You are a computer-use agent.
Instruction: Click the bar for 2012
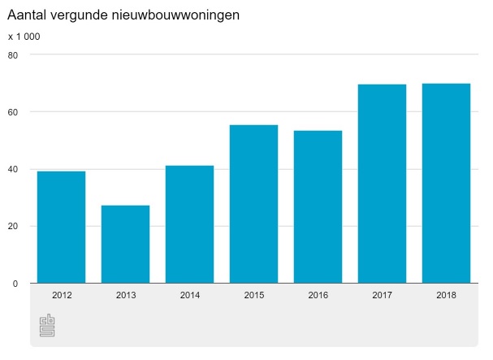[61, 227]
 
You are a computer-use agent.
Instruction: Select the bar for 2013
[125, 244]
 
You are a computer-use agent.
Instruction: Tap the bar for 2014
[189, 224]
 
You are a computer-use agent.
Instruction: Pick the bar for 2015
[253, 204]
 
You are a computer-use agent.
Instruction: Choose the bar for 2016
[318, 206]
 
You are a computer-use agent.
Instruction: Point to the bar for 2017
[382, 184]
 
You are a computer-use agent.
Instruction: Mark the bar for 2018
[446, 183]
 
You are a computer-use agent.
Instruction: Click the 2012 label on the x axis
[61, 296]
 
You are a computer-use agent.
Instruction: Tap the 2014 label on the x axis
[189, 296]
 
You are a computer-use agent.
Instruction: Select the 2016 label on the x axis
[318, 296]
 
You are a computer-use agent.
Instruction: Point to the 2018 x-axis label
[446, 296]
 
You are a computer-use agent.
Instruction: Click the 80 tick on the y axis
[13, 55]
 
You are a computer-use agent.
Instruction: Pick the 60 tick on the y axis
[13, 112]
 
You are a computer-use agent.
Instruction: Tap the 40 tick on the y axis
[13, 169]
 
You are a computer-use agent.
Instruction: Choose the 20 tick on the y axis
[13, 226]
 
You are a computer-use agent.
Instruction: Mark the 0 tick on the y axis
[15, 283]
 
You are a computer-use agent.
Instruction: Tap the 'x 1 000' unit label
[24, 37]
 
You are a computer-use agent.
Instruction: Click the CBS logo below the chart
[47, 326]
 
